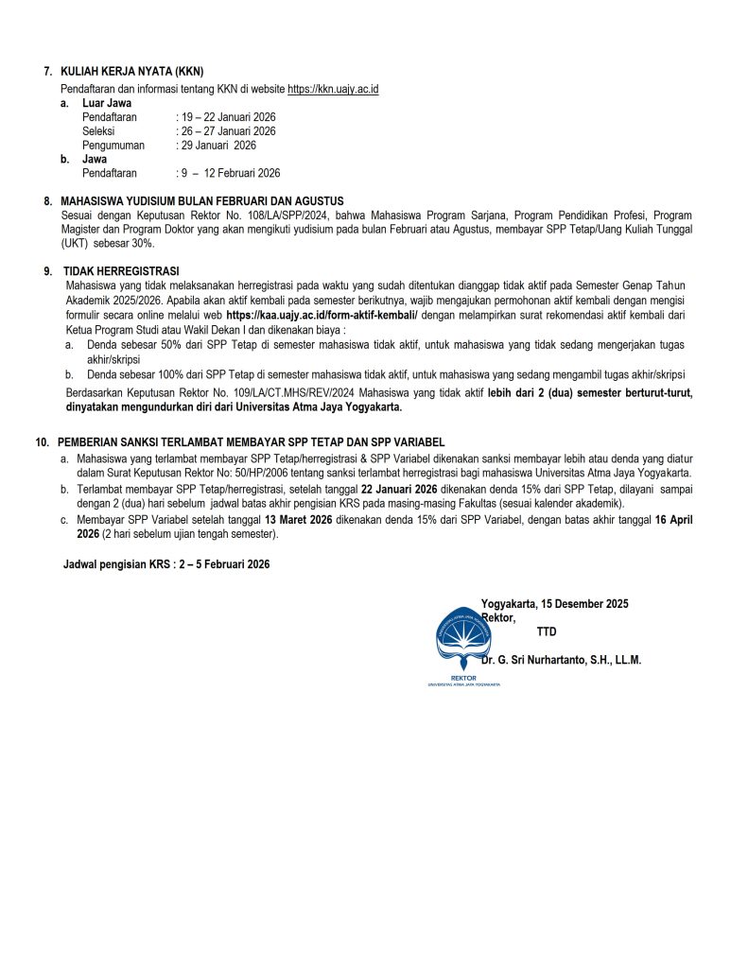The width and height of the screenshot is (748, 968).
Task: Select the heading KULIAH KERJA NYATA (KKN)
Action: (x=131, y=72)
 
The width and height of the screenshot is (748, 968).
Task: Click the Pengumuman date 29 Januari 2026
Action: (x=217, y=146)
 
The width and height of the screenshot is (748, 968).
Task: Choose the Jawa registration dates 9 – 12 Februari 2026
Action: (x=229, y=173)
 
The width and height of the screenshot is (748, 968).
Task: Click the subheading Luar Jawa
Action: (x=107, y=103)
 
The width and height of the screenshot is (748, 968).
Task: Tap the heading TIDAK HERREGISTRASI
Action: (x=121, y=271)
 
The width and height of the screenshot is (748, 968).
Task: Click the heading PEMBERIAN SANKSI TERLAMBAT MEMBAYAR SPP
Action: (x=251, y=442)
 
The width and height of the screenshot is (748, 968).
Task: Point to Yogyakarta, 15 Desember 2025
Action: (x=554, y=604)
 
